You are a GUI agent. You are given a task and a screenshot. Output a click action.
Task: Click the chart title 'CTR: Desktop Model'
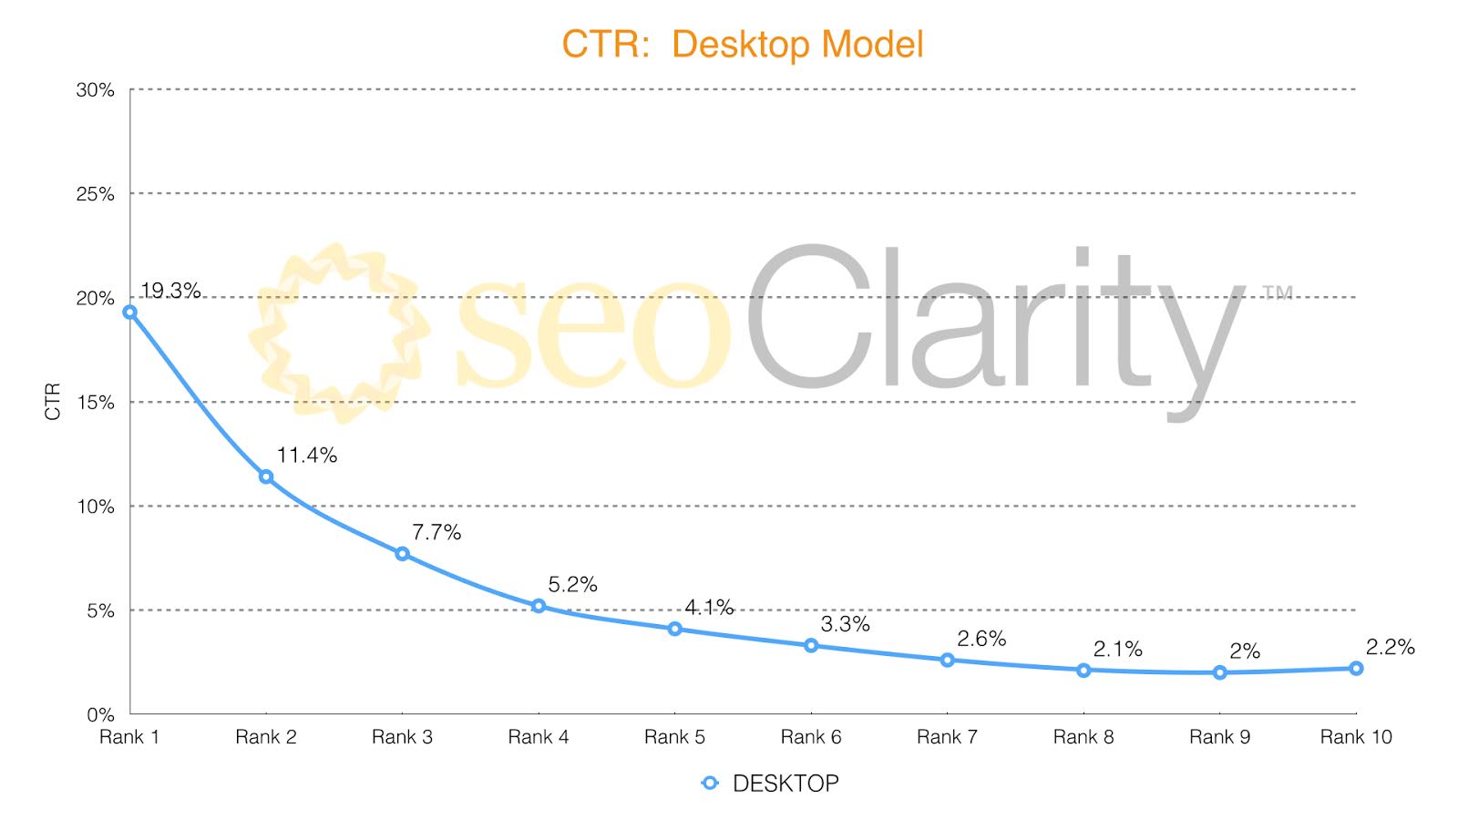click(x=742, y=45)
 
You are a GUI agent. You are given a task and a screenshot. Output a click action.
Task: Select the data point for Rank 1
click(x=129, y=312)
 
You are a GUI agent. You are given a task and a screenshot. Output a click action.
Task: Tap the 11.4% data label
click(x=307, y=456)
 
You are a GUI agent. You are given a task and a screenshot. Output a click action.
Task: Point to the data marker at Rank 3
click(x=402, y=554)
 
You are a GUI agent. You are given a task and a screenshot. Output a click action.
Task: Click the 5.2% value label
click(x=572, y=585)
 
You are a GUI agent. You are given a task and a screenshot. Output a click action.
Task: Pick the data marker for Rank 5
click(x=674, y=629)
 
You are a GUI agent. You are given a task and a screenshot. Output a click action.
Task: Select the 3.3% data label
click(x=845, y=624)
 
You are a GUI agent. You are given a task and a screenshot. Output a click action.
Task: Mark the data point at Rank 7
click(x=947, y=660)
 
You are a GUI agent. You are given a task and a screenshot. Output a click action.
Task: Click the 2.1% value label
click(x=1117, y=649)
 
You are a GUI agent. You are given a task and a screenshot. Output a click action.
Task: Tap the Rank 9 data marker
click(x=1219, y=672)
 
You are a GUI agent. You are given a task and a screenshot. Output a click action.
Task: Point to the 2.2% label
click(x=1390, y=647)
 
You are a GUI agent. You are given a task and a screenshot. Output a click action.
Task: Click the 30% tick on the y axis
click(x=95, y=90)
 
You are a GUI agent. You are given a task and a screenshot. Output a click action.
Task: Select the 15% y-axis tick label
click(x=95, y=402)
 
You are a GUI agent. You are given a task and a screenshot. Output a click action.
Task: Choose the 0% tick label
click(x=100, y=714)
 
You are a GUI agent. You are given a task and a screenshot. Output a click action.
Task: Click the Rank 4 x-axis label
click(x=538, y=737)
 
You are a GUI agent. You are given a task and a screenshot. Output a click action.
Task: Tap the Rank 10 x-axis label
click(x=1355, y=737)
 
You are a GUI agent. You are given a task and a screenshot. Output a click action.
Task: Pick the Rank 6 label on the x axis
click(x=810, y=737)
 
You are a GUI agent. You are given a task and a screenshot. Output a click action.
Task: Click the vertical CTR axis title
click(x=53, y=401)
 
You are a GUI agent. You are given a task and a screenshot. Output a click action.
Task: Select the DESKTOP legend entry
click(x=771, y=784)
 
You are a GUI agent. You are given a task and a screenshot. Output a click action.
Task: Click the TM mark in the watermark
click(x=1278, y=292)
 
